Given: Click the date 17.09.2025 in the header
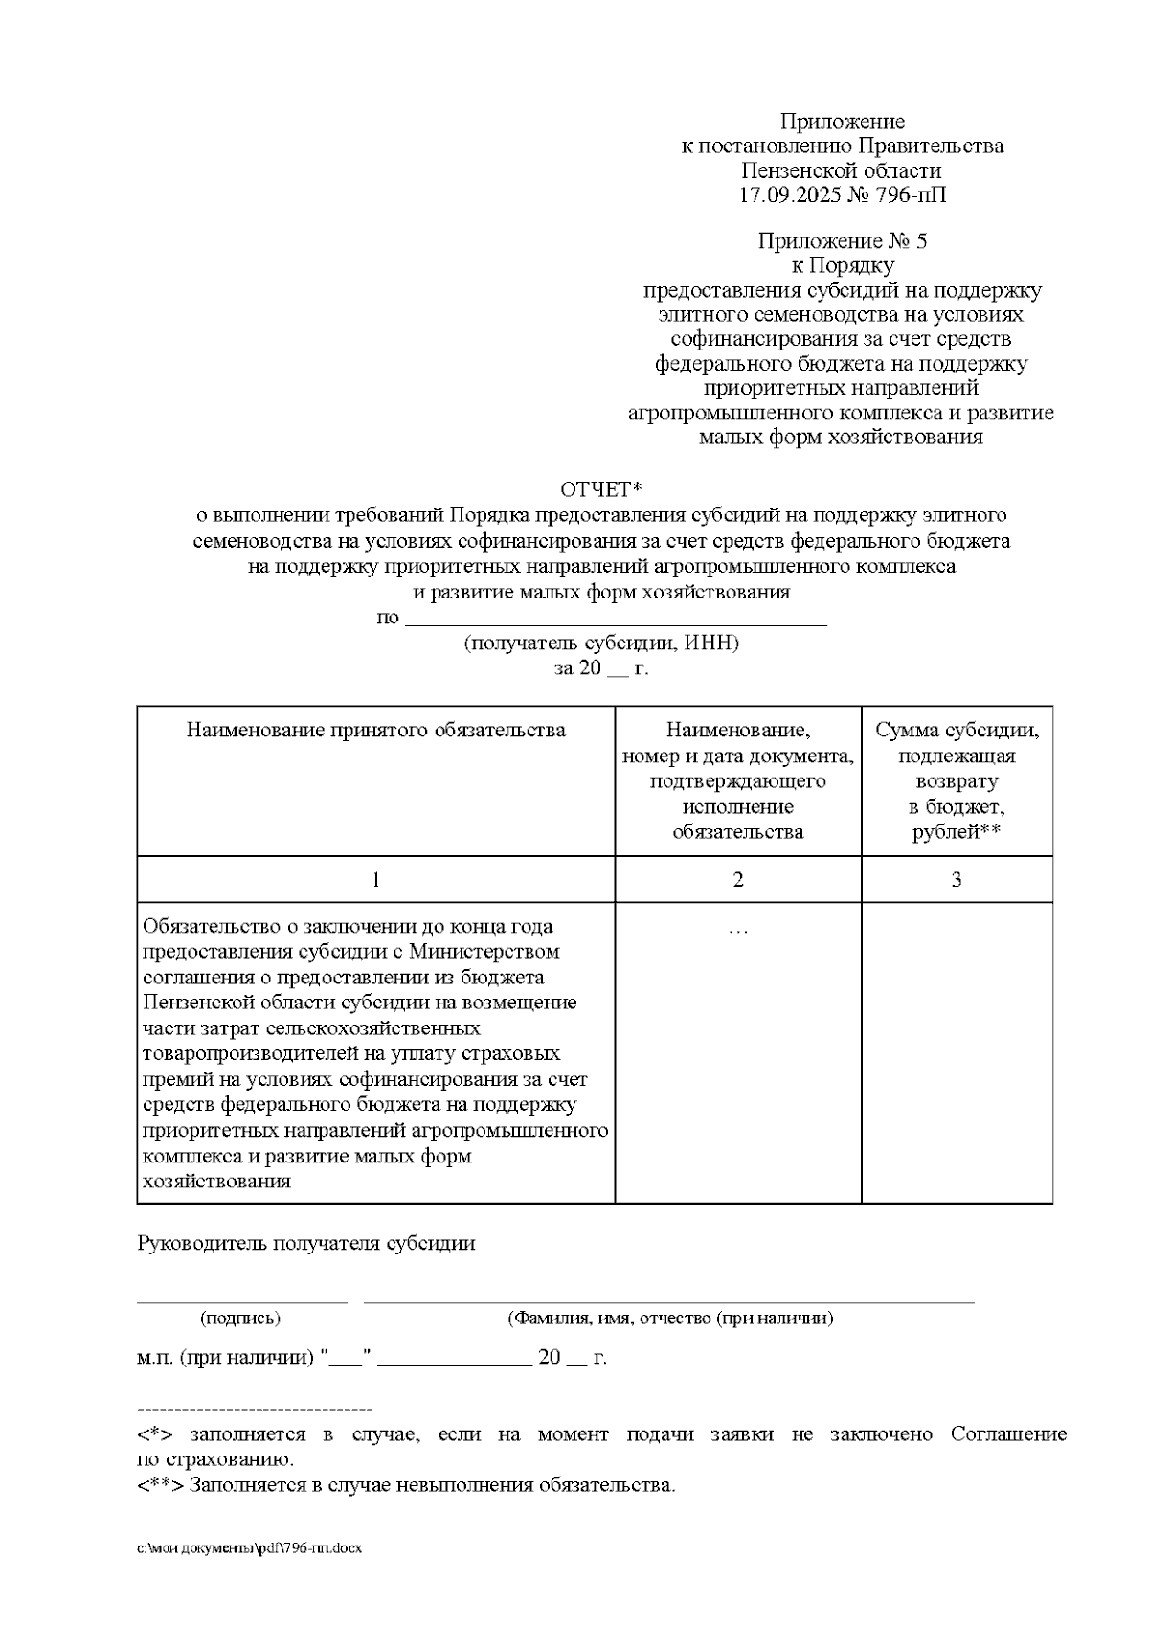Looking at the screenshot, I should [x=791, y=196].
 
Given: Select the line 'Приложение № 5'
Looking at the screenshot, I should [x=842, y=240].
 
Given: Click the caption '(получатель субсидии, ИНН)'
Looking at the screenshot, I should [x=601, y=643].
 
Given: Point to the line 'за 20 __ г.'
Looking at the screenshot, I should [x=601, y=668].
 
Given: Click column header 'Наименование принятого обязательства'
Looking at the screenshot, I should [x=375, y=731].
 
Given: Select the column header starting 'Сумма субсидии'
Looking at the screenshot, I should [x=957, y=731].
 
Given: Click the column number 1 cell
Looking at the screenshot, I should [x=375, y=879].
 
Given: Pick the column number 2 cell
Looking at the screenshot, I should [x=737, y=879].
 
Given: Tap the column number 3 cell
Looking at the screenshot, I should [x=957, y=879].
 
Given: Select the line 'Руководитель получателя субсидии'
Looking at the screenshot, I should [x=306, y=1244].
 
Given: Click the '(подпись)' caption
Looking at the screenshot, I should [x=240, y=1319].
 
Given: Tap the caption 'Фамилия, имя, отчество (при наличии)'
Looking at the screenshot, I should [x=670, y=1319].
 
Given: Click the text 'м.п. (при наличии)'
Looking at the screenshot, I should [x=226, y=1358].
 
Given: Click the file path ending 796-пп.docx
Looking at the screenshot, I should [x=250, y=1548].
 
